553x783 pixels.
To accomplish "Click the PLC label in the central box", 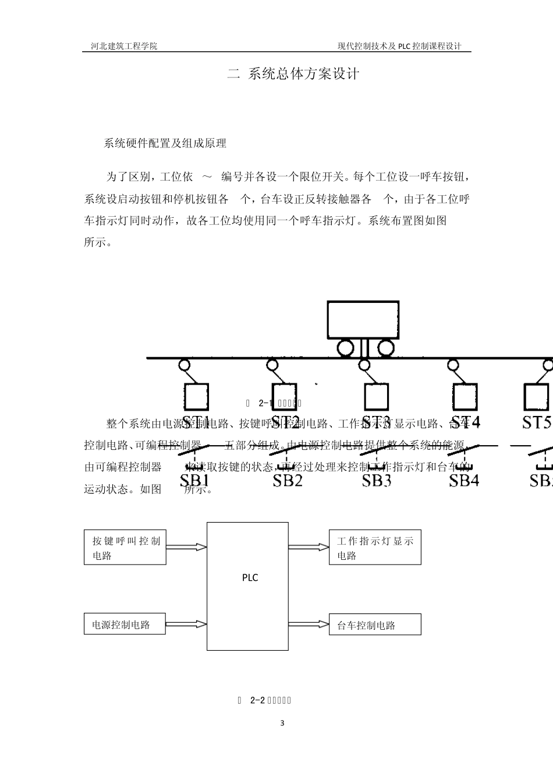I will [250, 578].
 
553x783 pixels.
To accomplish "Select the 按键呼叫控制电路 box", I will [125, 548].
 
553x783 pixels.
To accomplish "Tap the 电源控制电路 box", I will [125, 625].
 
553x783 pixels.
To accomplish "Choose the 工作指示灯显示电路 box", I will [374, 548].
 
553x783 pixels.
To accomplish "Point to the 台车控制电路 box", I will [374, 625].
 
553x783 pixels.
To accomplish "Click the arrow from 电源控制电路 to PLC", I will [186, 624].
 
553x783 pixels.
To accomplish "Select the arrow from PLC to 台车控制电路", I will [309, 624].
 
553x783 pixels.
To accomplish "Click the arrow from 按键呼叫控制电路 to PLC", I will [186, 546].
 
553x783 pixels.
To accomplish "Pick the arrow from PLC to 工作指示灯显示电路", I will [309, 546].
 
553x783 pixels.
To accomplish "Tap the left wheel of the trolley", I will [345, 348].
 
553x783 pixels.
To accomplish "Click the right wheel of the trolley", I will [385, 348].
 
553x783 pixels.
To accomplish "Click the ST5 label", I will [536, 422].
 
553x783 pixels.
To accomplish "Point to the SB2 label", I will [288, 464].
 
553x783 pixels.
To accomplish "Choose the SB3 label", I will [376, 464].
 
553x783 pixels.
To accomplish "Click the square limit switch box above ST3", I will [376, 397].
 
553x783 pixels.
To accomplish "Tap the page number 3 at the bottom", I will [282, 724].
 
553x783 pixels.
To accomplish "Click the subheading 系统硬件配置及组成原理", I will [165, 143].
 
